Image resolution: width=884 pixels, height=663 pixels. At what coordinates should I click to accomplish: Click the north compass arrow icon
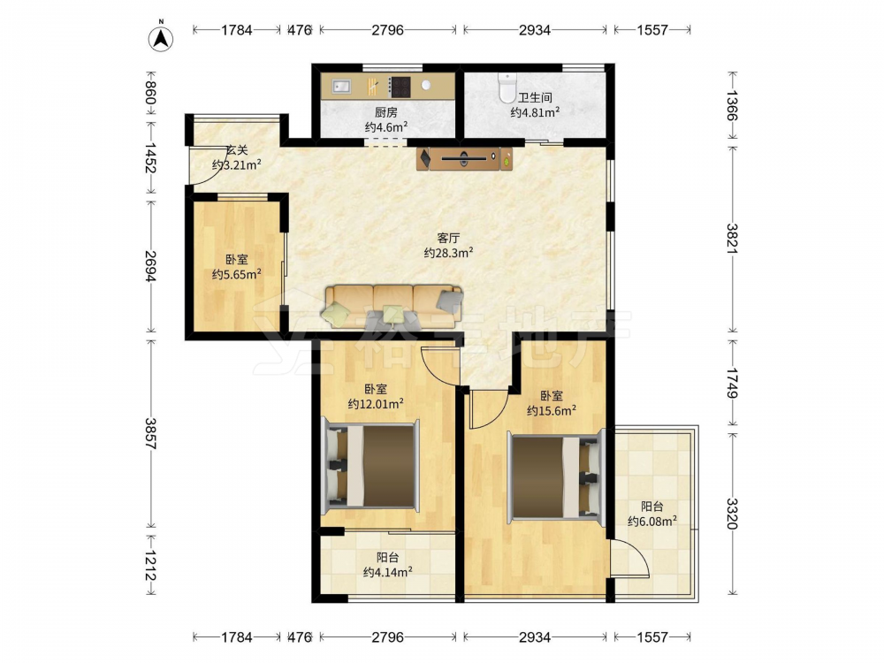tap(161, 38)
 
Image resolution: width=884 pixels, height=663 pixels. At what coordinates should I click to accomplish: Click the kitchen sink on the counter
tap(341, 87)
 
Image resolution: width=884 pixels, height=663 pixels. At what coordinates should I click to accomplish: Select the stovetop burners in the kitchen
tap(400, 87)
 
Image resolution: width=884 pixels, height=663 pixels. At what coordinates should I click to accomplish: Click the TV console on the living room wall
tap(465, 158)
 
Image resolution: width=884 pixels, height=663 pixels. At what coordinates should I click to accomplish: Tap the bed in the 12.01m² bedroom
tap(370, 466)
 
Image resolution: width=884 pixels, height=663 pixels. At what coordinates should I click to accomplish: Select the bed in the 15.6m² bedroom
tap(556, 475)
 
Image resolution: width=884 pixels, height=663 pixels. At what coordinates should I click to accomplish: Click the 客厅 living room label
tap(448, 239)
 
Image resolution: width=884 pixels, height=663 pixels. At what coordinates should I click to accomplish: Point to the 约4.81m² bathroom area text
tap(535, 112)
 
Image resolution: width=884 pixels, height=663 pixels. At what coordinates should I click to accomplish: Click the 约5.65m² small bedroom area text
tap(236, 275)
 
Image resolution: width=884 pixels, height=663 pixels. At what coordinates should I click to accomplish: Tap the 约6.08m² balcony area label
tap(652, 522)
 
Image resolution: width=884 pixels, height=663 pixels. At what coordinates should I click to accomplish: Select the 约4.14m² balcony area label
tap(387, 572)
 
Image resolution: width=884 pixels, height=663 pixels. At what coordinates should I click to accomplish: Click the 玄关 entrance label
tap(237, 150)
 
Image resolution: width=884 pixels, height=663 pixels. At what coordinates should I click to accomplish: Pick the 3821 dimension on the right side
tap(732, 239)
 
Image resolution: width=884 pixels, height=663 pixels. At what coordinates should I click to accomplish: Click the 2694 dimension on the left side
tap(150, 266)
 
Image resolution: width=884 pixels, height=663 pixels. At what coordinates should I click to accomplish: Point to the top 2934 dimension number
tap(535, 30)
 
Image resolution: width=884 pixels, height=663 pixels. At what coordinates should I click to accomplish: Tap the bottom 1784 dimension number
tap(236, 637)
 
